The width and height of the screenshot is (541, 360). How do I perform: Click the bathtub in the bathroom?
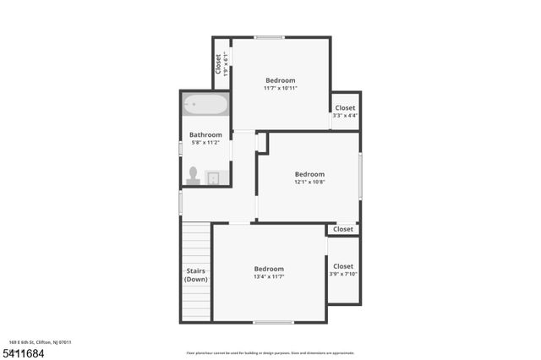(x=205, y=106)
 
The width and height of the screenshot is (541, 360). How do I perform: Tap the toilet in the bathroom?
(x=194, y=175)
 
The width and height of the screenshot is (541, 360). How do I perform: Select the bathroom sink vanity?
(x=214, y=177)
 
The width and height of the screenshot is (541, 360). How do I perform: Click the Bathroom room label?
(x=205, y=134)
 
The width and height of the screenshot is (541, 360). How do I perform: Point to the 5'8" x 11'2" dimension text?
(x=205, y=143)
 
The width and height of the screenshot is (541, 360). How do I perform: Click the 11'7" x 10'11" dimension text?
(x=280, y=88)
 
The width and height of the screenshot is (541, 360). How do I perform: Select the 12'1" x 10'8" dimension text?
(x=309, y=182)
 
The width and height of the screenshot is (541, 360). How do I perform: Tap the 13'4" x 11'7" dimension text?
(x=269, y=276)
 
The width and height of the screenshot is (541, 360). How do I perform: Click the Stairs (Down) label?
(x=196, y=275)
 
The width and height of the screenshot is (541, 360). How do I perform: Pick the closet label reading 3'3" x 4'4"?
(x=346, y=116)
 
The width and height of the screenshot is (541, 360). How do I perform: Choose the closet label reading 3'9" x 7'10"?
(x=343, y=274)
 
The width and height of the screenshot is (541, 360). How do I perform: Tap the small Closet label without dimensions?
(x=343, y=229)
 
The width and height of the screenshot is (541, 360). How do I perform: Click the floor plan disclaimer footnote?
(x=270, y=353)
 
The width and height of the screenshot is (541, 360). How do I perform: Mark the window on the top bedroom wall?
(x=270, y=37)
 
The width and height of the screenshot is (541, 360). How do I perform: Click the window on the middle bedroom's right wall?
(x=360, y=175)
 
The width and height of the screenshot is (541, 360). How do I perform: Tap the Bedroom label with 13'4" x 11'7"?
(x=269, y=269)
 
